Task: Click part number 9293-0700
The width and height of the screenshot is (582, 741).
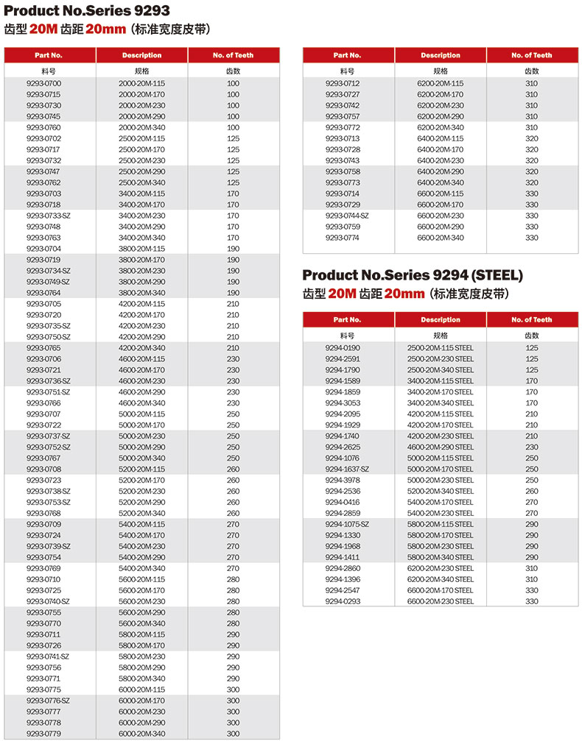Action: pos(43,84)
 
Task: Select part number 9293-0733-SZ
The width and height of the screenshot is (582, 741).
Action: pos(49,216)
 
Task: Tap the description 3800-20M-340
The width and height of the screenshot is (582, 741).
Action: pos(142,294)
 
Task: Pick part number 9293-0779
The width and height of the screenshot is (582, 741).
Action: pos(43,734)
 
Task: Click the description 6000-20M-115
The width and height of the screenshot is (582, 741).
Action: pos(142,690)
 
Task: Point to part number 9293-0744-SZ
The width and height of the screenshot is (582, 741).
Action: pos(347,216)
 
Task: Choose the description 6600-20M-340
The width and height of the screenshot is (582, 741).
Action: pos(441,238)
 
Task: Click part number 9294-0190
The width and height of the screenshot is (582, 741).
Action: pos(343,348)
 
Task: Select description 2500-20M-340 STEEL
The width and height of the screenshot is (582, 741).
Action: pos(441,370)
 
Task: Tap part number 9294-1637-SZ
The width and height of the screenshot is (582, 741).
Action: pos(347,469)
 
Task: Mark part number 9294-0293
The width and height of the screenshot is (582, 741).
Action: pos(343,602)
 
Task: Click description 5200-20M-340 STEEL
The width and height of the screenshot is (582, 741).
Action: pos(441,492)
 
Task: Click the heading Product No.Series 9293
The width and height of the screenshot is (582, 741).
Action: pos(87,10)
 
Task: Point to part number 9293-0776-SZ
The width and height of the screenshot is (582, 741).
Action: pos(49,701)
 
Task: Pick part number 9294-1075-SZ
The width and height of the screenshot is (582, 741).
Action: pos(347,525)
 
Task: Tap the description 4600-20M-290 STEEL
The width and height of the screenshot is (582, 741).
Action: pos(441,447)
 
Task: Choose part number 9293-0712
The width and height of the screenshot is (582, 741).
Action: pos(343,84)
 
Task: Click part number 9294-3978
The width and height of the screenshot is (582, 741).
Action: pos(343,481)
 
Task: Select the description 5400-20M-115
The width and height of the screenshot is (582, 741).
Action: pos(142,525)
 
